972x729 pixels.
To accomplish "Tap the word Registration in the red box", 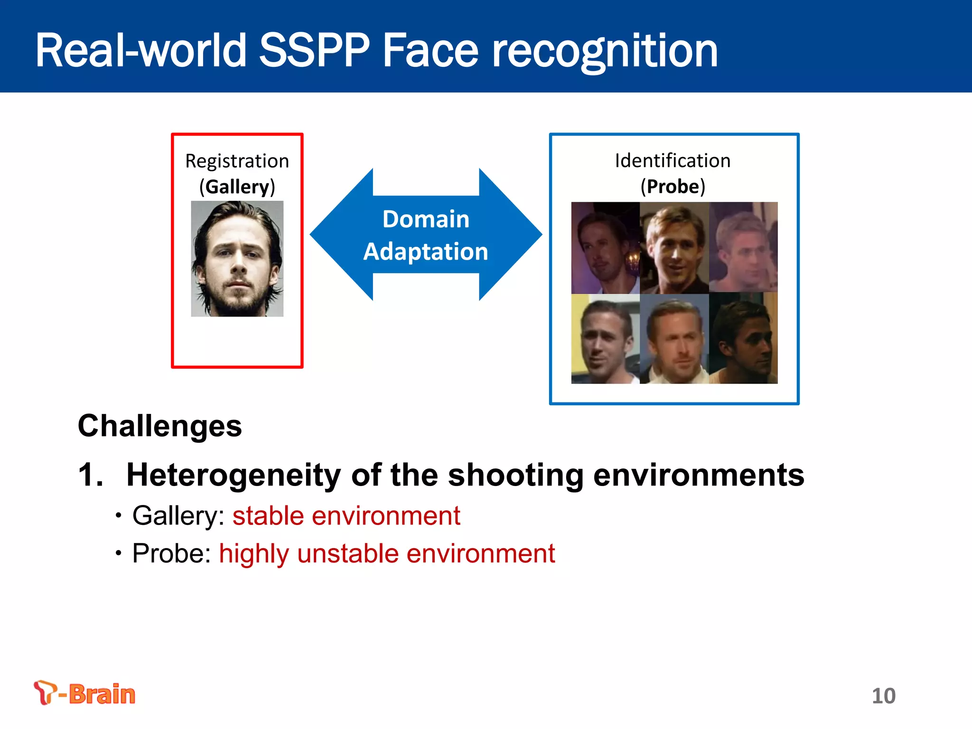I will tap(237, 161).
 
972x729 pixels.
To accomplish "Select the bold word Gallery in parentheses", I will tap(237, 187).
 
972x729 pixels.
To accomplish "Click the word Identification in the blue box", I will tap(673, 161).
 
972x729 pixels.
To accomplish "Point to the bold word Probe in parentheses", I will tap(673, 186).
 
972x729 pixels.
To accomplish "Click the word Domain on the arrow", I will tap(426, 219).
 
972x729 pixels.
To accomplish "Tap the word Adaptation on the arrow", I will tap(426, 252).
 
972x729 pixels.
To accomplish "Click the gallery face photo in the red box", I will tap(237, 259).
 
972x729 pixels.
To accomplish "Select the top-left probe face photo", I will tap(605, 248).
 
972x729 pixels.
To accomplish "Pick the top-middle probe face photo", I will tap(674, 248).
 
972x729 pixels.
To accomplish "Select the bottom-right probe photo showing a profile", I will tap(743, 338).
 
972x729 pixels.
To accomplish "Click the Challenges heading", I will tap(160, 426).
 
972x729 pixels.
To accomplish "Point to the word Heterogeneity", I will tap(234, 475).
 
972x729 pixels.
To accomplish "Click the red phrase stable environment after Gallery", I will tap(346, 516).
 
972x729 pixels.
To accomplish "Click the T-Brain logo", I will tap(84, 693).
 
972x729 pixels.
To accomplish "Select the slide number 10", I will tap(883, 696).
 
